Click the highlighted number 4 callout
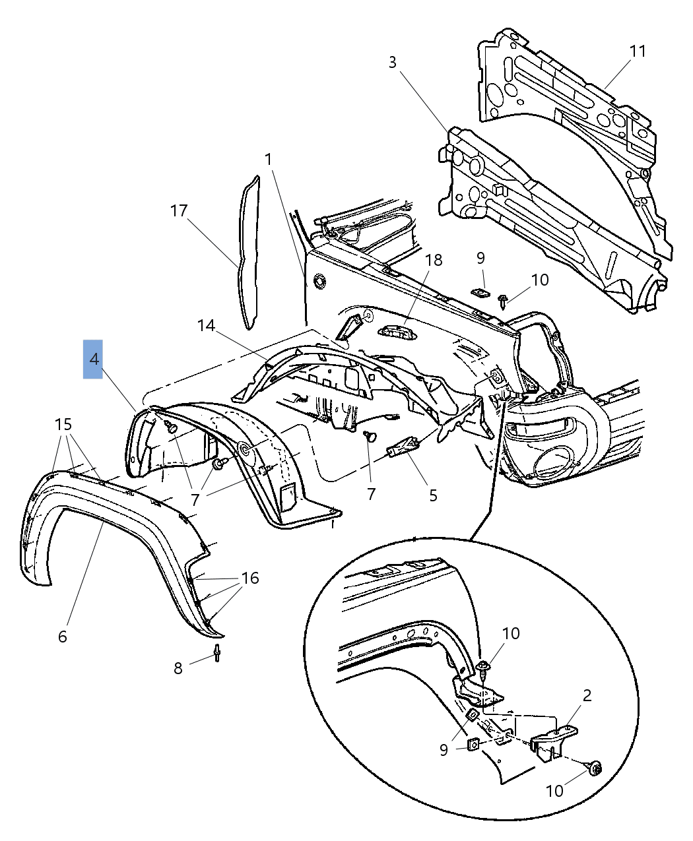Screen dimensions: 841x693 tap(93, 359)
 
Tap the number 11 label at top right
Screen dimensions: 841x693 tap(638, 51)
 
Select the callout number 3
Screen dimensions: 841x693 tap(393, 63)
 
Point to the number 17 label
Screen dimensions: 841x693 tap(179, 211)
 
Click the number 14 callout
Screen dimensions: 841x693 tap(206, 325)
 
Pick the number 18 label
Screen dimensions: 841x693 tap(434, 260)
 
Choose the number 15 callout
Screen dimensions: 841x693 tap(63, 424)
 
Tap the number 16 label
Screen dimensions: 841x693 tap(250, 578)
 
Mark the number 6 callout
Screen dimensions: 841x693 tap(63, 637)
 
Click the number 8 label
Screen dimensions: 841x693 tap(178, 668)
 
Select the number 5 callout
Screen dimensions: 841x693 tap(433, 495)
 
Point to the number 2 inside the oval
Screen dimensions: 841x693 tap(587, 695)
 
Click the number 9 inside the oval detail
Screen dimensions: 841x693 tap(444, 750)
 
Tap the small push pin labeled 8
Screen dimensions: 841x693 tap(216, 654)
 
